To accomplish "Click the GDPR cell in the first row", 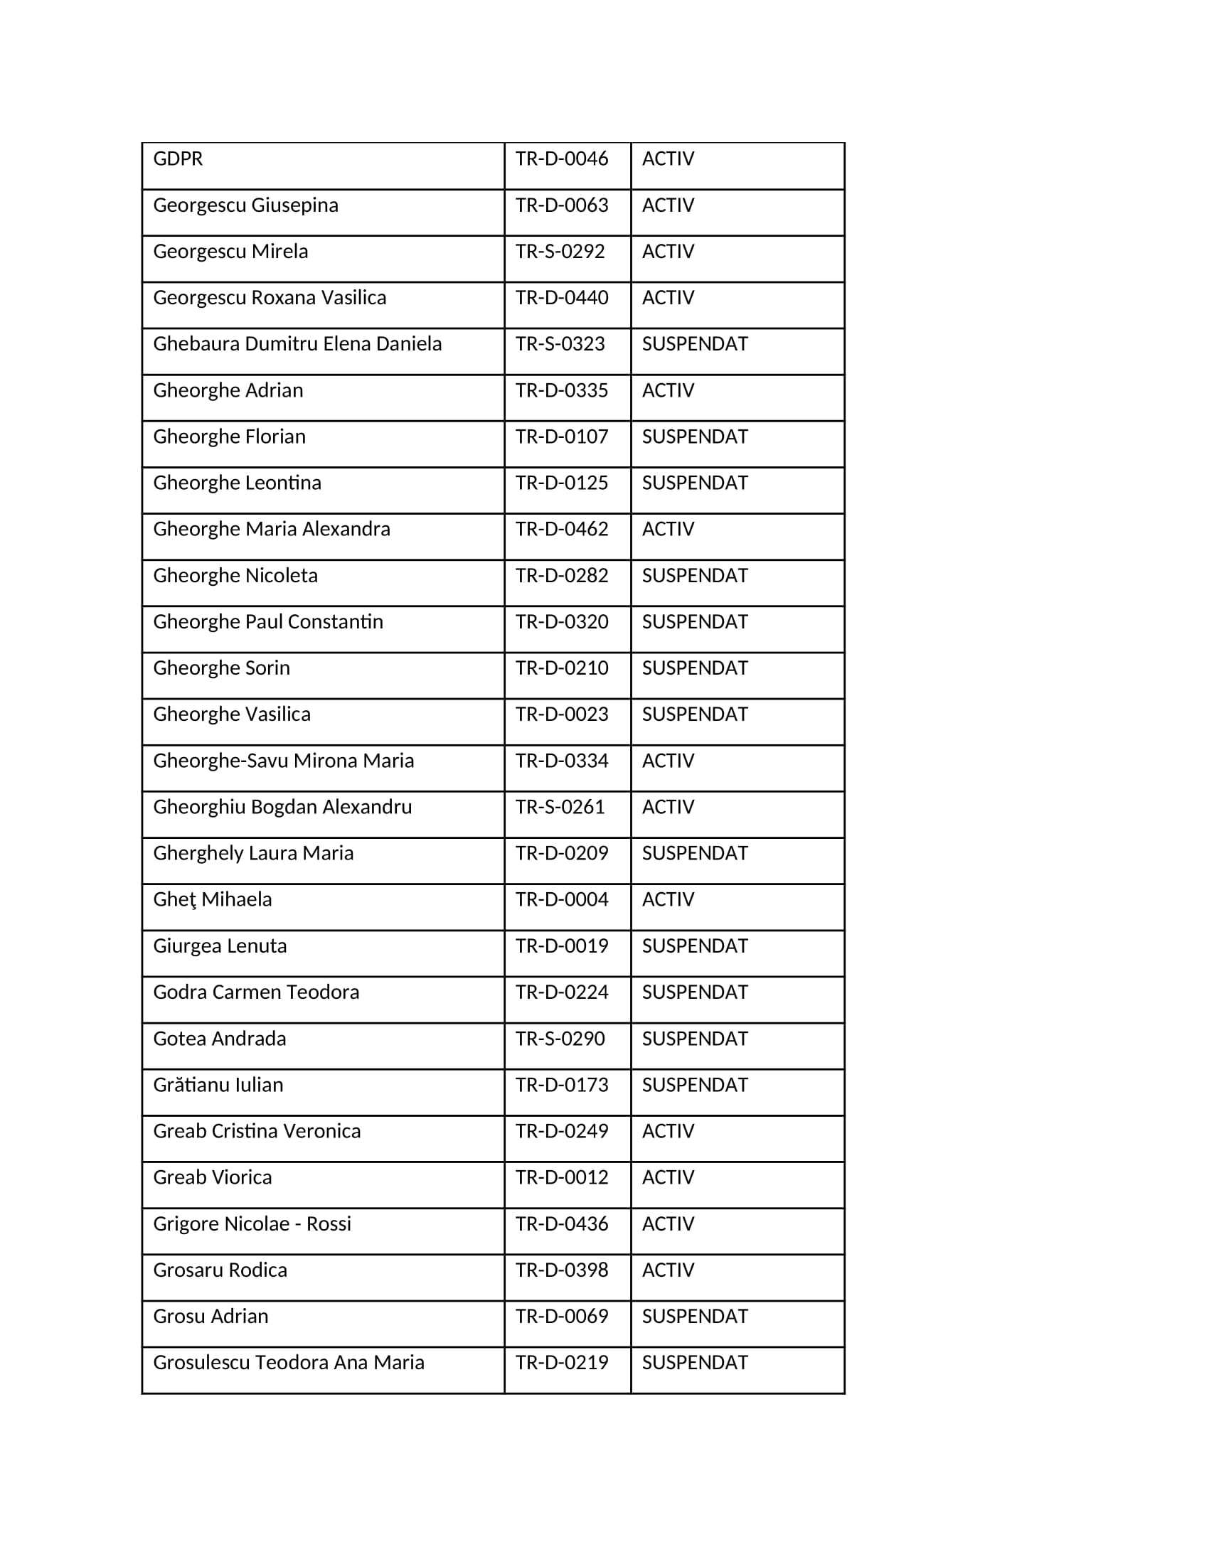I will click(x=178, y=159).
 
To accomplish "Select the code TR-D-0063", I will click(x=562, y=205).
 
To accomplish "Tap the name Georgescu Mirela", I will click(x=230, y=252).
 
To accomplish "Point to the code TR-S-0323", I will click(x=560, y=344).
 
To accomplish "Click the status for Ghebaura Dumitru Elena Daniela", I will click(x=694, y=344).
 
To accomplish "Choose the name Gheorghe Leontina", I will click(x=236, y=483).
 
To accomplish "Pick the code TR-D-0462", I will click(x=562, y=529).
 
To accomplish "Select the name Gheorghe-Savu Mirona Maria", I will click(x=283, y=761).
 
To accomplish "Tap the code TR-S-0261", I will click(x=560, y=807).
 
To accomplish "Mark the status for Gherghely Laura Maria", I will click(x=694, y=853).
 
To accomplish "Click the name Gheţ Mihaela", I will click(x=212, y=899).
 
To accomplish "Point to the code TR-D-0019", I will click(x=562, y=946).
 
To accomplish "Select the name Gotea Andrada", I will click(x=219, y=1039).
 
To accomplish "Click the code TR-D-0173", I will click(x=562, y=1085).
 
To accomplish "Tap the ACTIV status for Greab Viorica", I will click(x=668, y=1177).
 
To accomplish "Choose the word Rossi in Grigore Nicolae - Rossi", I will click(x=329, y=1224).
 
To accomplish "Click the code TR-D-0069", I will click(x=562, y=1316).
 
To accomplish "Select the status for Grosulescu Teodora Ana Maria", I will click(x=694, y=1362).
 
